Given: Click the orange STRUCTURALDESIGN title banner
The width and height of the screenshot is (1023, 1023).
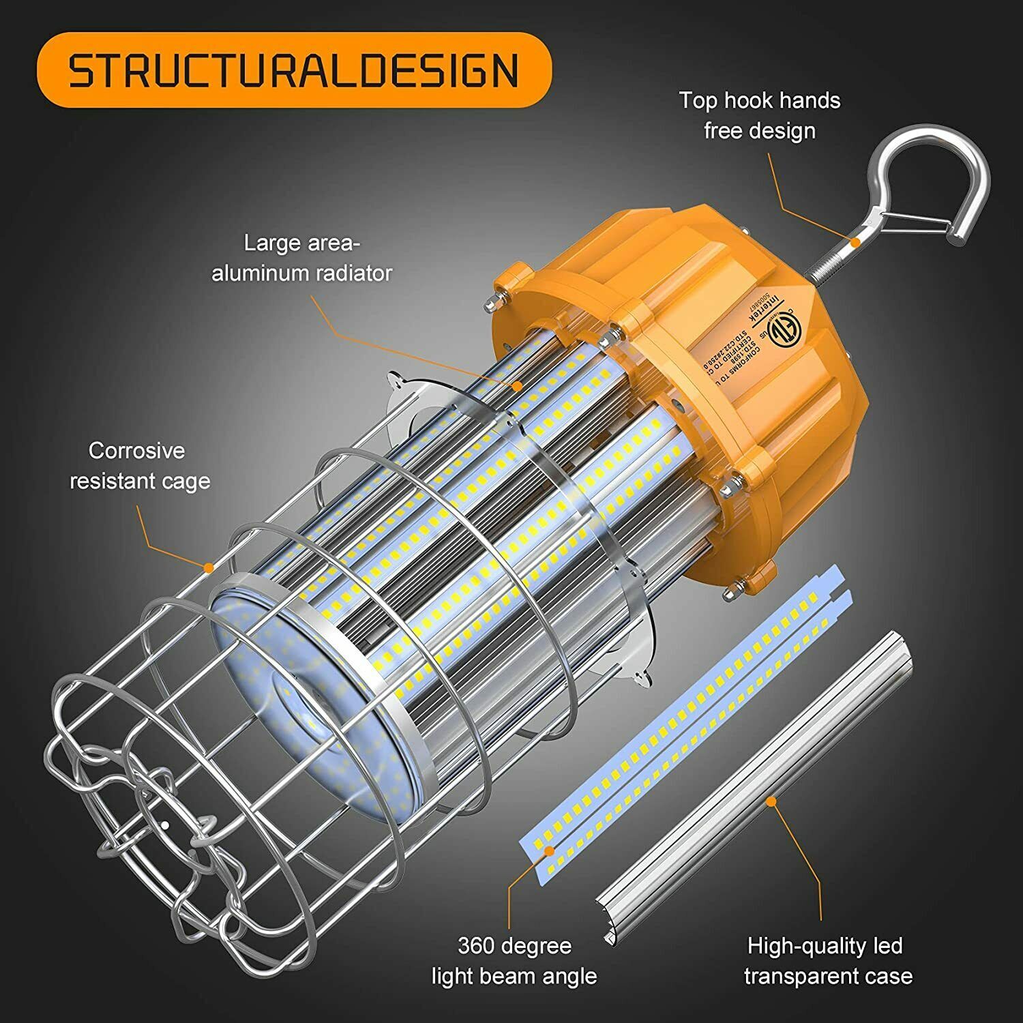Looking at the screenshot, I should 293,70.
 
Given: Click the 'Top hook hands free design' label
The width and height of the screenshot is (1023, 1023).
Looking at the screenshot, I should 759,115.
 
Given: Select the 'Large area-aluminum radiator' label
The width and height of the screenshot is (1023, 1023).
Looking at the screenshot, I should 301,258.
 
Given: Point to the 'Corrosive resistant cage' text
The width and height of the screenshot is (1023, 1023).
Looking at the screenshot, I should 139,466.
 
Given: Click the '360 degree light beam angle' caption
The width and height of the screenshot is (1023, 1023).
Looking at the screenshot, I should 514,961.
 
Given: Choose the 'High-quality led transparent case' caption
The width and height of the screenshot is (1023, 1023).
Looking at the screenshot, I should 827,961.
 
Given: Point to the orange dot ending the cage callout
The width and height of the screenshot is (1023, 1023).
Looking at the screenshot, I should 209,567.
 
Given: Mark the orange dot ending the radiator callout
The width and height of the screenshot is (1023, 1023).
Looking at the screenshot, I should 518,386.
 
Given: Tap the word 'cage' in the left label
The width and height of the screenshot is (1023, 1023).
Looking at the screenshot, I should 186,481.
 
